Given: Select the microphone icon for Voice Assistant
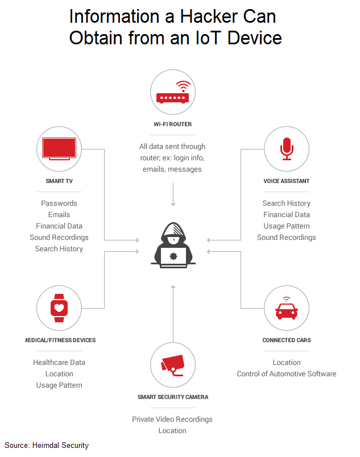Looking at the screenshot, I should pyautogui.click(x=287, y=149).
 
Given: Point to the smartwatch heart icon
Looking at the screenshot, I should pyautogui.click(x=59, y=308).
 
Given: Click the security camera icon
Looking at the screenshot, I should pyautogui.click(x=173, y=364).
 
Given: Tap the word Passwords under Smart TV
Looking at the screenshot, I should pyautogui.click(x=59, y=203).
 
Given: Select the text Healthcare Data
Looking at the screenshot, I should pyautogui.click(x=59, y=363).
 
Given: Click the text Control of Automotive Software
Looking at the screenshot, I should pyautogui.click(x=287, y=374).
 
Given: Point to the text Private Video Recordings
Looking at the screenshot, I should pyautogui.click(x=172, y=419).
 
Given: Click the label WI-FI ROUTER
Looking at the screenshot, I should pyautogui.click(x=173, y=124).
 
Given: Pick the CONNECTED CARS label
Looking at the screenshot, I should pyautogui.click(x=287, y=340).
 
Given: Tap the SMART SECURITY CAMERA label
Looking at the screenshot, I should pyautogui.click(x=173, y=397).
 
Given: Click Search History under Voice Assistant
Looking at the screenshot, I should pyautogui.click(x=287, y=203).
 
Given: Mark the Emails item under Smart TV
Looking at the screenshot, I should pyautogui.click(x=59, y=215).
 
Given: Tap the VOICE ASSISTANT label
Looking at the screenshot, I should pyautogui.click(x=287, y=181).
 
